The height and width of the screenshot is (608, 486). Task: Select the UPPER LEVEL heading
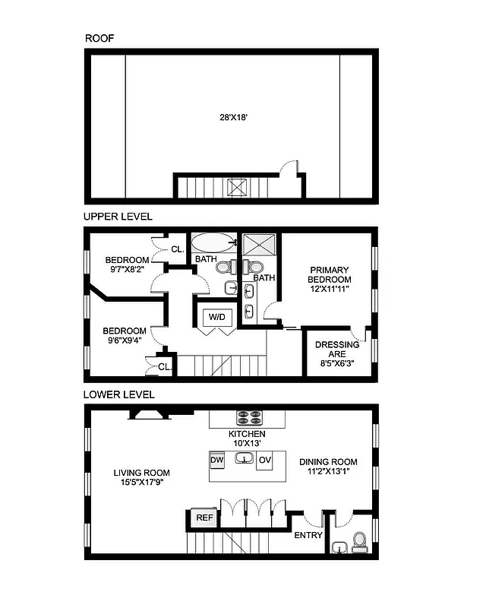[x=118, y=217]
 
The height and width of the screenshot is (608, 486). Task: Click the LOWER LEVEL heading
[x=119, y=394]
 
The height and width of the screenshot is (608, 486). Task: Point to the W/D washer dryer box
[x=216, y=316]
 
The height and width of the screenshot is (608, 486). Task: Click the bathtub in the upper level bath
[x=213, y=243]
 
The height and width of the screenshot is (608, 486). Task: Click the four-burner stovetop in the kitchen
[x=250, y=417]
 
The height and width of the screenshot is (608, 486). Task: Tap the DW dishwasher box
[x=216, y=461]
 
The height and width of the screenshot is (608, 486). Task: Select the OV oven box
[x=265, y=461]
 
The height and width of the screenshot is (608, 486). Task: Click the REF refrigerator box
[x=204, y=518]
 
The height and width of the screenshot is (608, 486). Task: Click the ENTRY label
[x=308, y=536]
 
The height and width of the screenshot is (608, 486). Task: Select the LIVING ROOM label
[x=141, y=477]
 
